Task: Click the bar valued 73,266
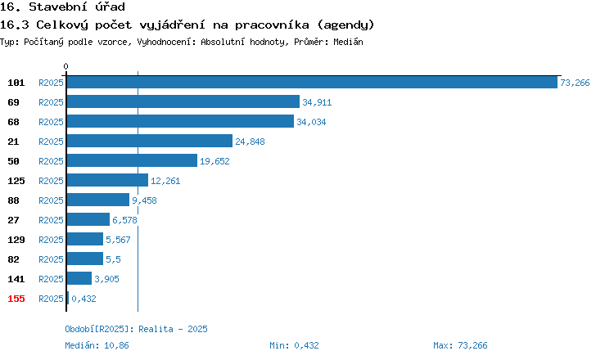click(x=312, y=83)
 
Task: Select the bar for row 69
click(x=183, y=101)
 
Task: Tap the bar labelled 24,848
click(x=150, y=141)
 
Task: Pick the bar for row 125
click(x=108, y=180)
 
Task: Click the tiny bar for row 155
click(x=68, y=298)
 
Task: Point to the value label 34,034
click(x=311, y=122)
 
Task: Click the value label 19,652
click(x=214, y=161)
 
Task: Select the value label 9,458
click(x=144, y=200)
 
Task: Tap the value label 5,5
click(x=113, y=259)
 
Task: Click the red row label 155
click(x=16, y=299)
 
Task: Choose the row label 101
click(x=16, y=83)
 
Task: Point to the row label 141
click(x=16, y=279)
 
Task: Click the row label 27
click(x=13, y=220)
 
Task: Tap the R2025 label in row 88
click(x=51, y=200)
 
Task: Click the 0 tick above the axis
click(x=65, y=66)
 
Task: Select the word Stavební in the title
click(x=57, y=7)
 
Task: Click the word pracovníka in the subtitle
click(x=272, y=25)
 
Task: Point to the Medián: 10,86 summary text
click(x=97, y=345)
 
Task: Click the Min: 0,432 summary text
click(x=294, y=345)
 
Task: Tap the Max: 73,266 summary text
click(x=460, y=345)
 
